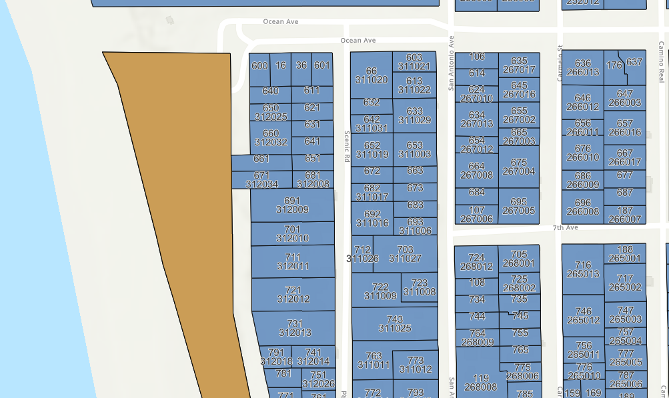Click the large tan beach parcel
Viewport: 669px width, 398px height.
coord(187,200)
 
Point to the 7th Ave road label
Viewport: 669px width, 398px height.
coord(565,228)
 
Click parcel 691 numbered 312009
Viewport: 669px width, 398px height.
coord(292,205)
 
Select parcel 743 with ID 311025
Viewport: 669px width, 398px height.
coord(394,323)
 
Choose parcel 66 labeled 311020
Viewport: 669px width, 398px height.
coord(372,75)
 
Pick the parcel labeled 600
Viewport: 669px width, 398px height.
coord(259,65)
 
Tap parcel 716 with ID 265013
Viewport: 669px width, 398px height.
coord(583,269)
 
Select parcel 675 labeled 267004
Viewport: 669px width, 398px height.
coord(518,167)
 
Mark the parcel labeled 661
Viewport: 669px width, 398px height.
coord(261,159)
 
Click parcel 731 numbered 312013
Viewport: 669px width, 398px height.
coord(294,328)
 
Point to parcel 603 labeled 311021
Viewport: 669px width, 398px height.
coord(414,62)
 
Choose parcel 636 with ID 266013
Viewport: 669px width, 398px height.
coord(582,68)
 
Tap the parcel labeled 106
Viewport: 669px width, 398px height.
coord(477,57)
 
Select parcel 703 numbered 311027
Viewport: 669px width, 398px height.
coord(405,254)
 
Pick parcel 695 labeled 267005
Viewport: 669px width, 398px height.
coord(518,206)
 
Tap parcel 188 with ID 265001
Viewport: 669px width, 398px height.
coord(625,253)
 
